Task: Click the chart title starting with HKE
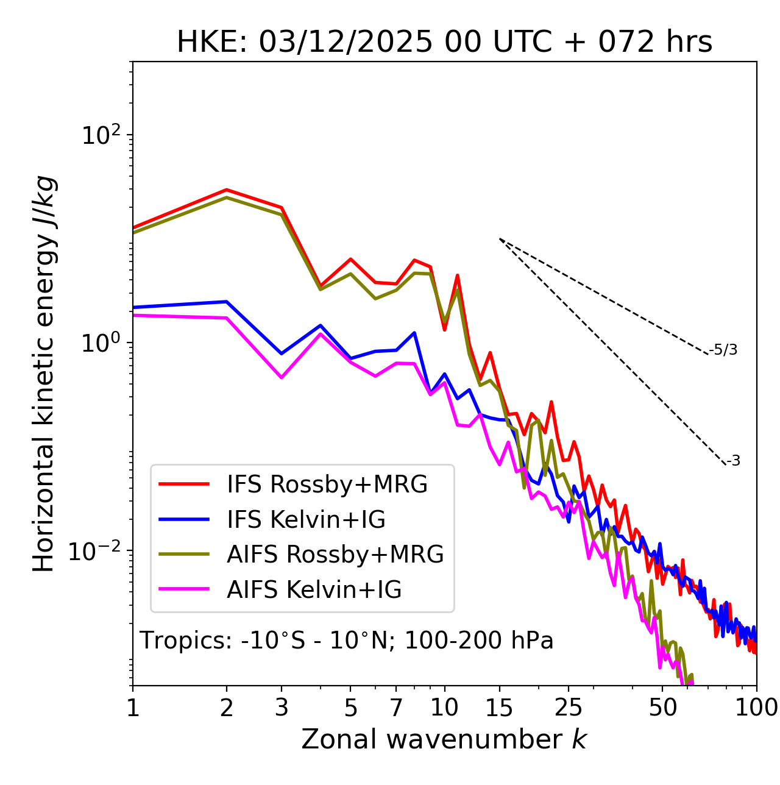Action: coord(444,43)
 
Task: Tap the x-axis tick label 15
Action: coord(499,708)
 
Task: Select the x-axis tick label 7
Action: coord(396,708)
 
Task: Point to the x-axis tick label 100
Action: coord(757,708)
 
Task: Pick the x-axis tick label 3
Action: coord(282,708)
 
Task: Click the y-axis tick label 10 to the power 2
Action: coord(101,135)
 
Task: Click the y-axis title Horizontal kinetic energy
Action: coord(44,374)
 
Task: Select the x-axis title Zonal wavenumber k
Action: coord(444,739)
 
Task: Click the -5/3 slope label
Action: coord(723,350)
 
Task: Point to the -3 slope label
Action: coord(733,461)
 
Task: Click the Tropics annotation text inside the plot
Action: coord(346,641)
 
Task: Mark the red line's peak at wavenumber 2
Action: coord(227,190)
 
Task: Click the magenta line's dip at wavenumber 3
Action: coord(282,378)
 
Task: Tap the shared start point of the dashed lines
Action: coord(500,238)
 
